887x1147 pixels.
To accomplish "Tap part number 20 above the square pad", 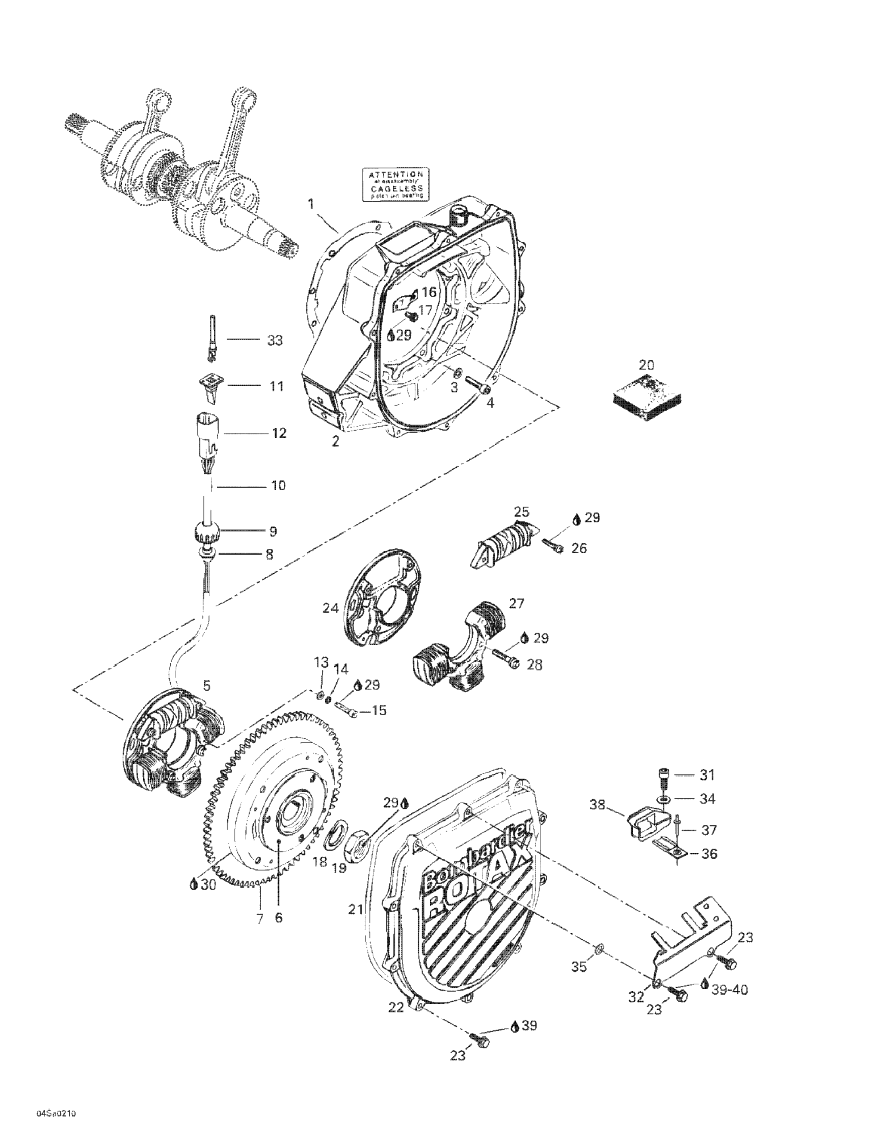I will click(x=647, y=365).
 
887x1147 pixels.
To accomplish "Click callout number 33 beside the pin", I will click(x=274, y=340).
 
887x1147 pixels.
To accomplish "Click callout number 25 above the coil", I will click(x=521, y=511).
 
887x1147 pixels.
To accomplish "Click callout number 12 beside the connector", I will click(x=279, y=433).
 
